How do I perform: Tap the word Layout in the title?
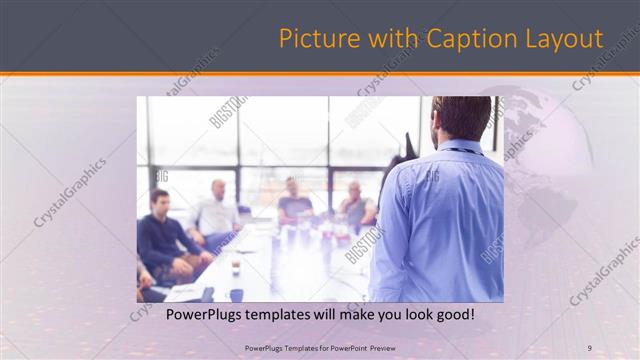point(566,39)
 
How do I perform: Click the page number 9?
point(589,347)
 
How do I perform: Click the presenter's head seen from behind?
point(461,118)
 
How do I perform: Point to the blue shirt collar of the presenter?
point(460,150)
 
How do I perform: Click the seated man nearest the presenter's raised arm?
point(355,205)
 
